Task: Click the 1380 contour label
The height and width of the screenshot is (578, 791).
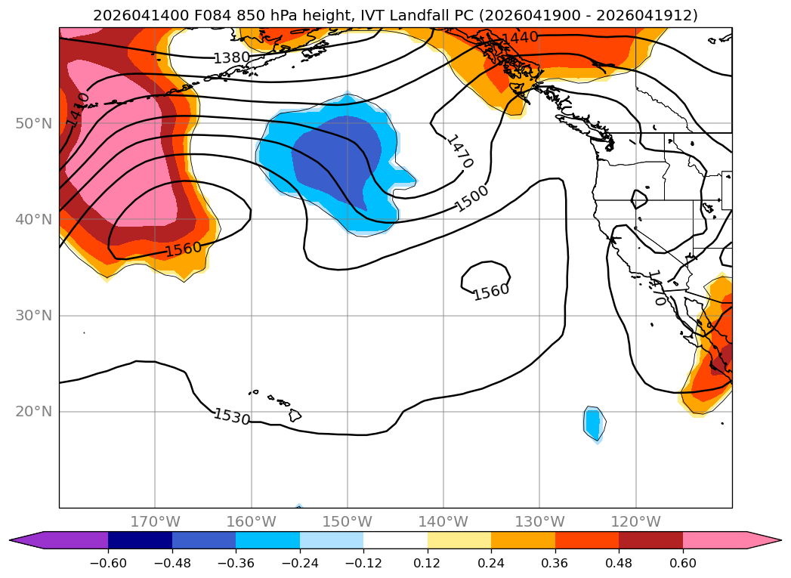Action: pyautogui.click(x=231, y=58)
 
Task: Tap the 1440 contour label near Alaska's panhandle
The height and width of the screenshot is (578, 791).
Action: pyautogui.click(x=520, y=38)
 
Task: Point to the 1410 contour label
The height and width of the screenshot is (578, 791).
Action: pyautogui.click(x=78, y=110)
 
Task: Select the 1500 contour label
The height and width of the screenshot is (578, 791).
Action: pyautogui.click(x=471, y=199)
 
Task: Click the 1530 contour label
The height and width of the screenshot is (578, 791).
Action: pyautogui.click(x=231, y=416)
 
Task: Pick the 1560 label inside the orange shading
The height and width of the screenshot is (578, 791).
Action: pyautogui.click(x=184, y=249)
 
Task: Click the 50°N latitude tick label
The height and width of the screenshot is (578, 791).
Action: pyautogui.click(x=34, y=124)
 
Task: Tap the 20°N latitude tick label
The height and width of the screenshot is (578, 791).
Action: pyautogui.click(x=34, y=412)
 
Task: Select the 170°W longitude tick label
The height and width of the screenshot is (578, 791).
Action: pyautogui.click(x=156, y=521)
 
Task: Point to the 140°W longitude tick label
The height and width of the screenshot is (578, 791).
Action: pyautogui.click(x=443, y=521)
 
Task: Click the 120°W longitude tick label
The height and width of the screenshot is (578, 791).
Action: pyautogui.click(x=635, y=521)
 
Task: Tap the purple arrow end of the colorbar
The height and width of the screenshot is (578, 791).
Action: pyautogui.click(x=25, y=540)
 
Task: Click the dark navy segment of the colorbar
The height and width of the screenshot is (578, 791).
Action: pyautogui.click(x=140, y=540)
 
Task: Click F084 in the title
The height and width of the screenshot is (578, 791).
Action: pyautogui.click(x=212, y=15)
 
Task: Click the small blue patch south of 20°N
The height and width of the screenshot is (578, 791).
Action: pyautogui.click(x=595, y=424)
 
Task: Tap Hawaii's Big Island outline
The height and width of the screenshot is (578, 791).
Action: pyautogui.click(x=295, y=415)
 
